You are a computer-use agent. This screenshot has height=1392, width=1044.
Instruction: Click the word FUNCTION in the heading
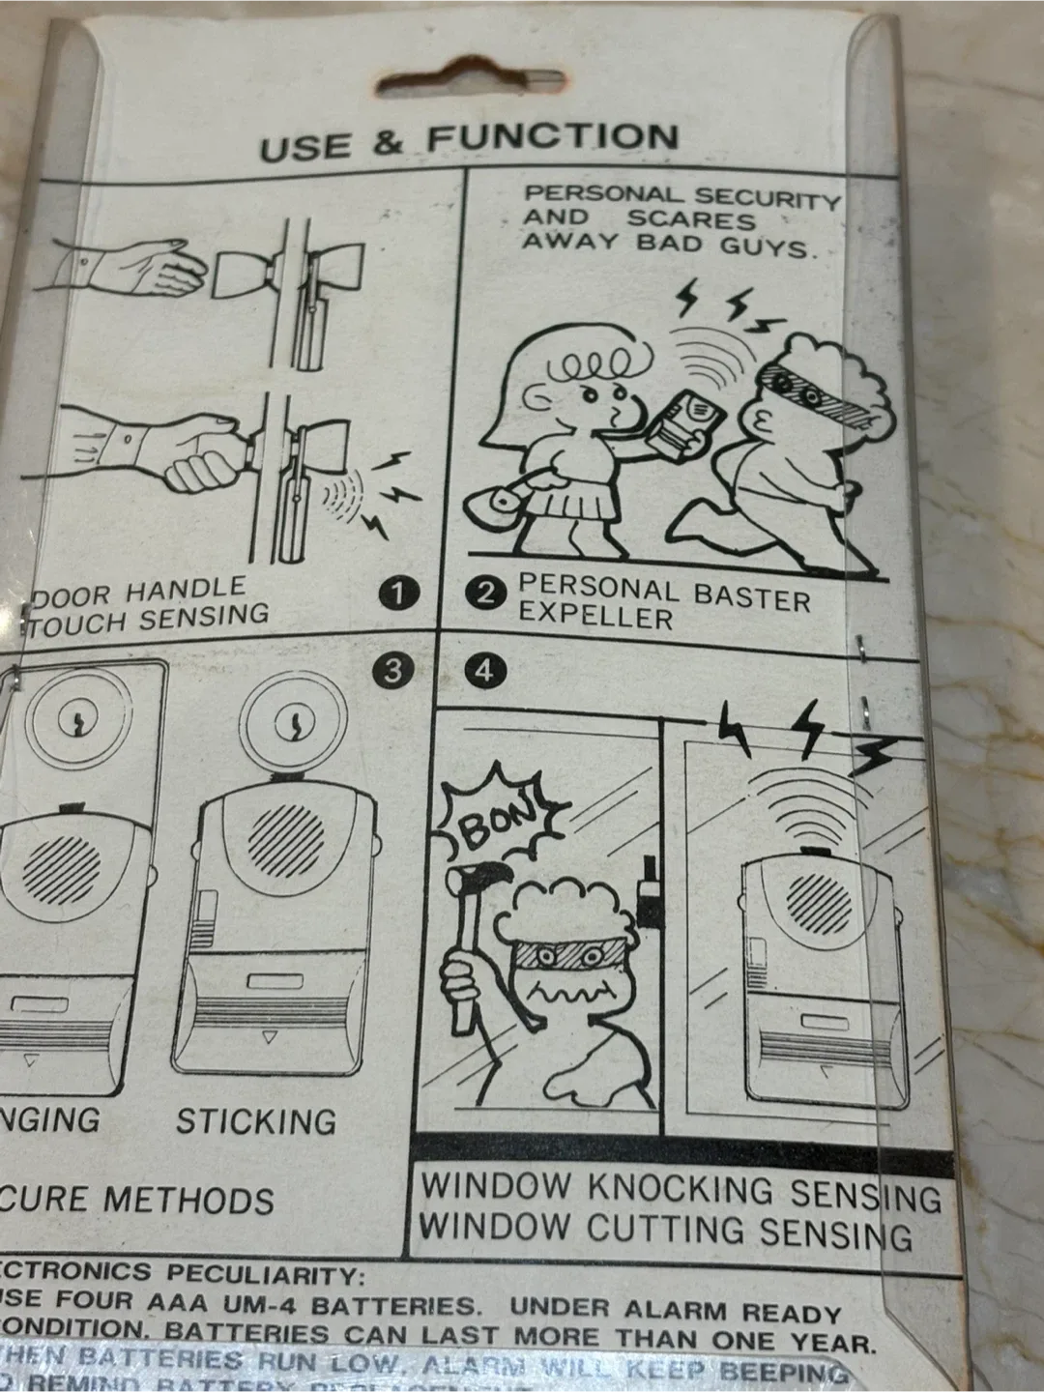pos(553,137)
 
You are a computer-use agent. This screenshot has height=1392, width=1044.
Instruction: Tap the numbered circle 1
pos(398,593)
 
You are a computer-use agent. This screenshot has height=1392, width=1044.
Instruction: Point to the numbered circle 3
pos(391,671)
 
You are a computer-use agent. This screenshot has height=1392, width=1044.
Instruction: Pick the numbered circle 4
pos(484,671)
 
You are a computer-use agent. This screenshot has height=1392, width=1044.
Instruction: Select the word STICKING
pos(256,1120)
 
